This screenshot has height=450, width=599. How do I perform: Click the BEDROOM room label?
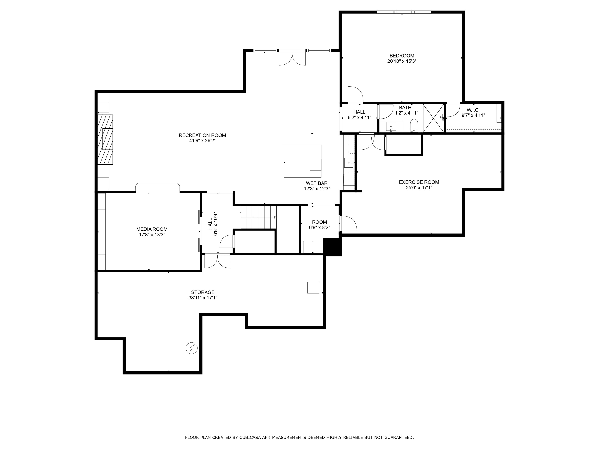402,56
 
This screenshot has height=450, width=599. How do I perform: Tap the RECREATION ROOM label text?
202,135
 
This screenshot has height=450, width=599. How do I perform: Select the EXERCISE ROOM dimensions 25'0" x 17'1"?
419,188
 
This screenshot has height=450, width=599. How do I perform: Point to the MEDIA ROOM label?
152,229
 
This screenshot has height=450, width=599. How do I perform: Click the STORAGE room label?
203,292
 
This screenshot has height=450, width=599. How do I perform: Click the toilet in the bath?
414,126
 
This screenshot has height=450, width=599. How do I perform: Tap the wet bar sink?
349,163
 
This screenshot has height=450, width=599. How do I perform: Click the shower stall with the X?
433,118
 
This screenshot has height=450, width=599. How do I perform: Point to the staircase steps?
259,217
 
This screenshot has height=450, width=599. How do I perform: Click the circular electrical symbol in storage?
191,348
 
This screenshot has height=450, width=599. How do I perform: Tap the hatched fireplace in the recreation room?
105,140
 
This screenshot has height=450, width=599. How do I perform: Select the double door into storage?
217,261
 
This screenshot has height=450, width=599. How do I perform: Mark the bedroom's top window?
404,12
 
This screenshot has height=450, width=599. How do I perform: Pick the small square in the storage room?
313,287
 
